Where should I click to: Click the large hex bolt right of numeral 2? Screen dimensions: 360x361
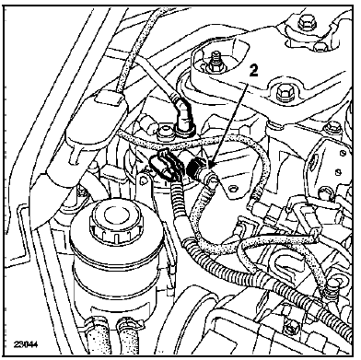(x=282, y=91)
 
